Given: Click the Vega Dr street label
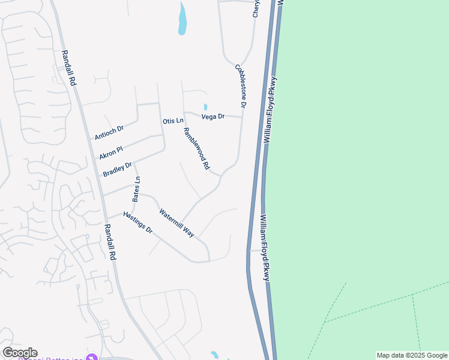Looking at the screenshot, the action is [x=212, y=116].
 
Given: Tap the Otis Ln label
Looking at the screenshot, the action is [x=173, y=121].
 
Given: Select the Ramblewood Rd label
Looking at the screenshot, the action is [x=196, y=148].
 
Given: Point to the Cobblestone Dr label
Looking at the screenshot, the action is [x=241, y=86].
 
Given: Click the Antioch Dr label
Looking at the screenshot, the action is [x=109, y=133].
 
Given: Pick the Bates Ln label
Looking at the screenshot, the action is [x=136, y=189].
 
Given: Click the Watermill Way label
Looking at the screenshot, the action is [x=177, y=223].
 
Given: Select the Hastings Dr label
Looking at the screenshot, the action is [x=138, y=223].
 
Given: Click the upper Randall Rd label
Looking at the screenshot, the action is [x=68, y=67].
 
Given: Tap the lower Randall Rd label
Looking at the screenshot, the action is [x=110, y=242].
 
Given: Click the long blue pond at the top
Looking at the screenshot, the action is [x=182, y=19].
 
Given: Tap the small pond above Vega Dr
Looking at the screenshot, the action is [x=205, y=107].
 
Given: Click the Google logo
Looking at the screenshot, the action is [x=20, y=353].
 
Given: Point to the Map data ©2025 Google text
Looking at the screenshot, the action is [x=412, y=355].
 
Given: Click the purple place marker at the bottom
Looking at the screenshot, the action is [x=91, y=358].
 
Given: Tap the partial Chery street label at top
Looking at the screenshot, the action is [x=256, y=8].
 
